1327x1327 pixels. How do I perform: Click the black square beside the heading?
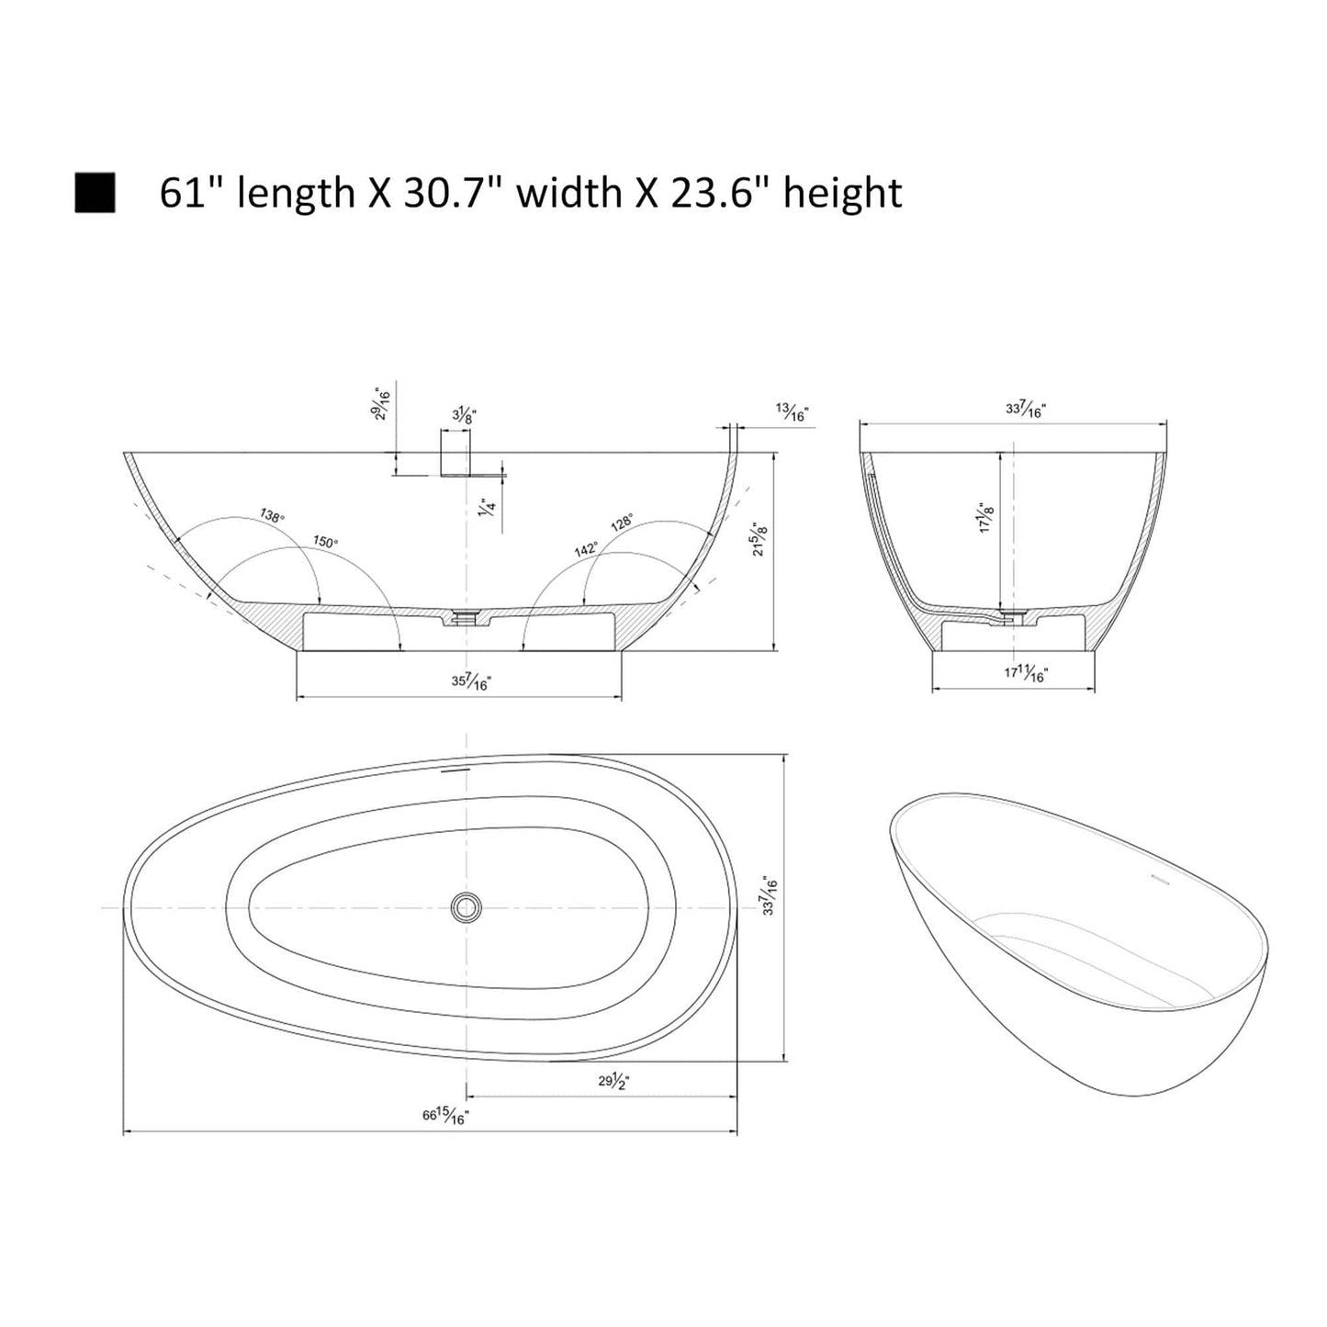[x=95, y=192]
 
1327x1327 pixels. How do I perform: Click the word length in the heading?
[x=296, y=193]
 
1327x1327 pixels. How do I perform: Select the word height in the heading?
[x=842, y=193]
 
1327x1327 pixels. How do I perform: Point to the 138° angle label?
[x=271, y=515]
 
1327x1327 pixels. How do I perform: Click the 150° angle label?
[x=325, y=541]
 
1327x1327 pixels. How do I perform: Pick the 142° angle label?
[x=586, y=549]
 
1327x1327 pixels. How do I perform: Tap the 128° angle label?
[x=623, y=522]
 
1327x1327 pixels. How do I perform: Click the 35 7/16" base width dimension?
[x=472, y=681]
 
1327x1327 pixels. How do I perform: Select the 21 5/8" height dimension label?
[x=759, y=538]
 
